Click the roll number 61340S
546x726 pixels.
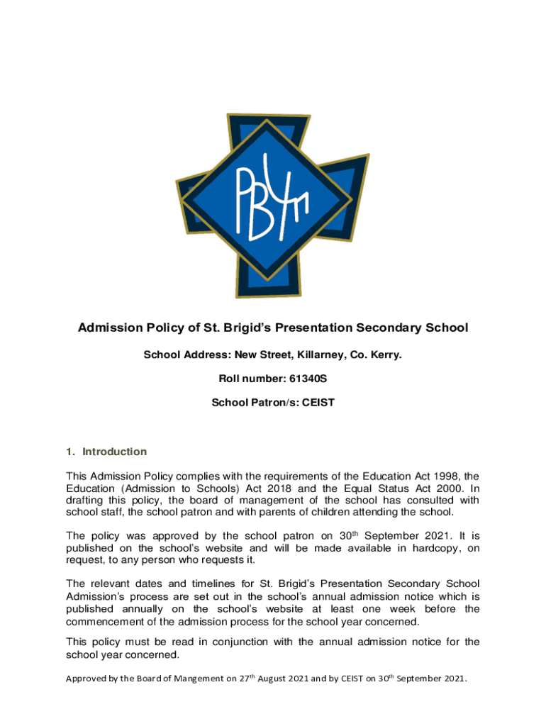pyautogui.click(x=308, y=379)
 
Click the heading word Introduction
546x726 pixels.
pyautogui.click(x=115, y=452)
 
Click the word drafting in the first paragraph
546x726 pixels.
pyautogui.click(x=86, y=501)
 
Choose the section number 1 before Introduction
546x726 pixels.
pyautogui.click(x=69, y=452)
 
